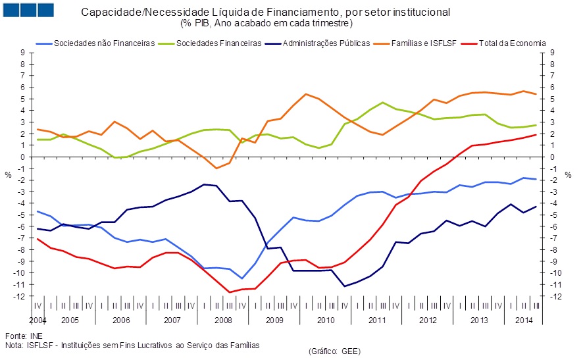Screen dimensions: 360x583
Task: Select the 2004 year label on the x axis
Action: [38, 320]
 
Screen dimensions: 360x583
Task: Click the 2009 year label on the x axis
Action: [274, 320]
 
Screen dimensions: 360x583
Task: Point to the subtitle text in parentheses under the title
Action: [266, 23]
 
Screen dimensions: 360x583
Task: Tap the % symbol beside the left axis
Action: [8, 175]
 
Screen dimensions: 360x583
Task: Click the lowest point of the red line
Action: [230, 292]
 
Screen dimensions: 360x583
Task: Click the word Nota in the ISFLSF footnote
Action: [14, 344]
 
